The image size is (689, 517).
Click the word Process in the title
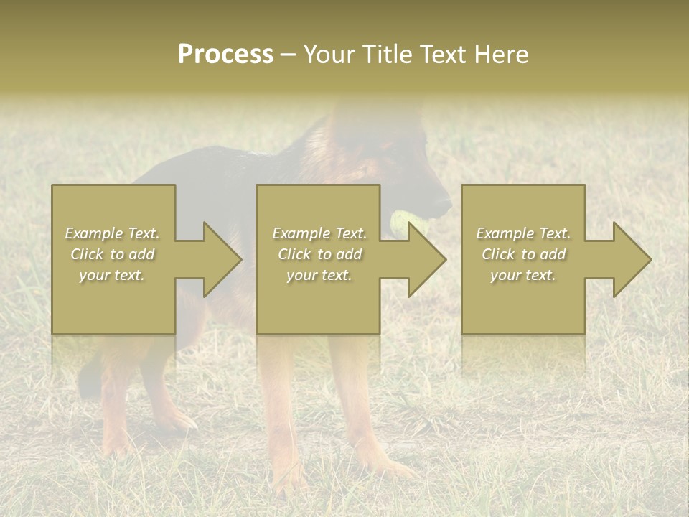pos(225,55)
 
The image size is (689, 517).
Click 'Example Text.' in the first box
pos(112,233)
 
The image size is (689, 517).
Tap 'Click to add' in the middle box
pos(319,254)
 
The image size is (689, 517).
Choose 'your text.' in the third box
pos(522,275)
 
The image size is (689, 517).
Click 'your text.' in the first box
pos(112,275)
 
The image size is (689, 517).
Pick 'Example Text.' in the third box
pos(523,233)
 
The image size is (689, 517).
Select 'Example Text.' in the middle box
pos(319,233)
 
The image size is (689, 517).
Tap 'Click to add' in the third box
pos(523,254)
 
